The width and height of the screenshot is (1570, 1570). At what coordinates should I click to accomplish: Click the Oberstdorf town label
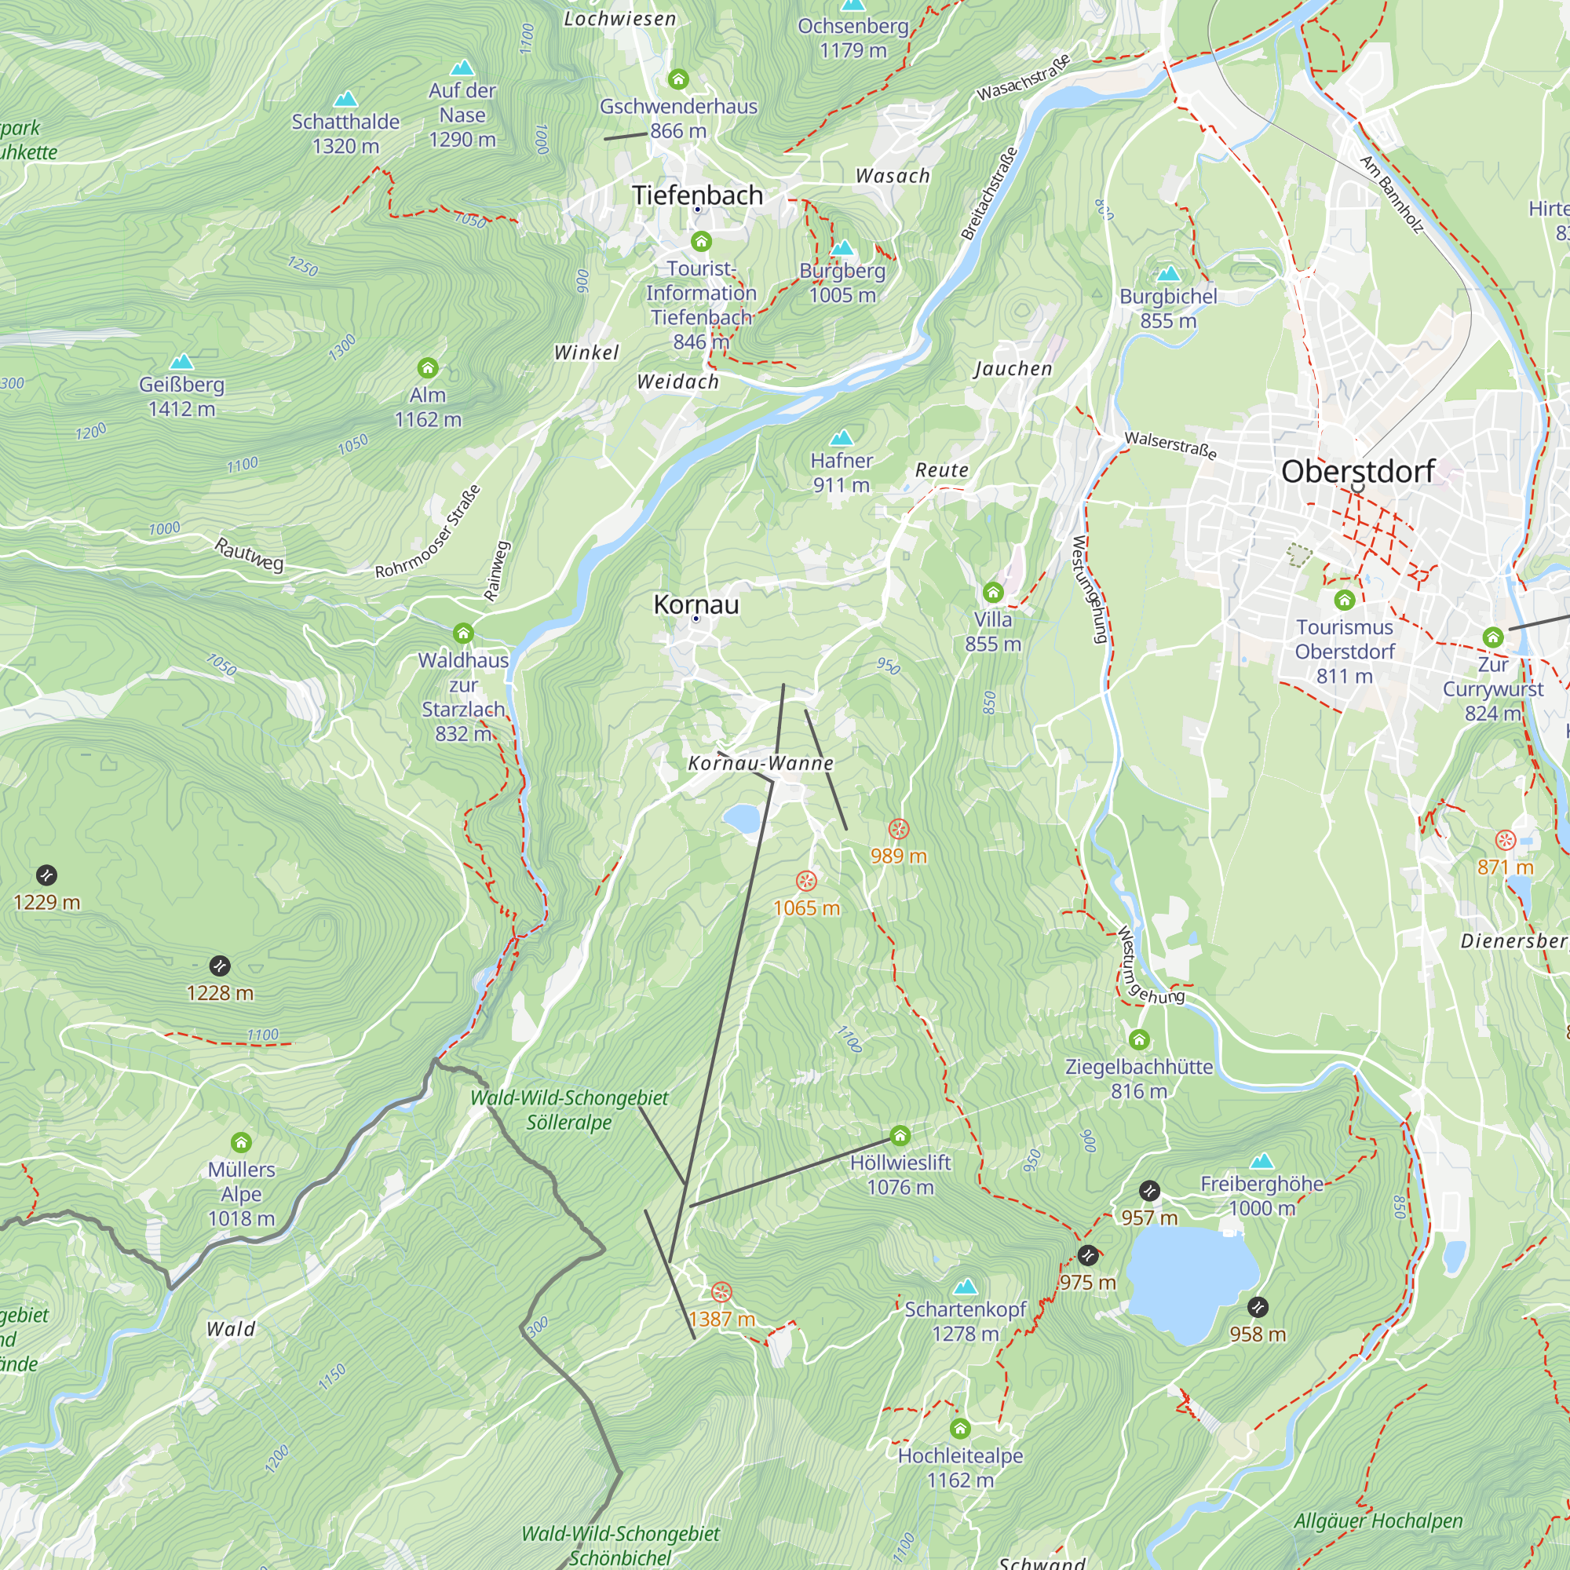[1357, 471]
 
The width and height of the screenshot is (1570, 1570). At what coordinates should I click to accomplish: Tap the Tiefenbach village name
[697, 195]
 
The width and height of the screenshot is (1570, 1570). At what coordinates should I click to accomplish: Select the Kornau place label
[696, 604]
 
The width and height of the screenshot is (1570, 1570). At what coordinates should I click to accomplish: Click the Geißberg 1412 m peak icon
[181, 361]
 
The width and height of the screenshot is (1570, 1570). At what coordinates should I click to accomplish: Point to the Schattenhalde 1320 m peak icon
[346, 99]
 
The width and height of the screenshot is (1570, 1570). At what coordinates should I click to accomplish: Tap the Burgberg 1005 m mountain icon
[842, 247]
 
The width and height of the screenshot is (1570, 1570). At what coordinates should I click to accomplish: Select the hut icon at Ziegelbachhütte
[1139, 1039]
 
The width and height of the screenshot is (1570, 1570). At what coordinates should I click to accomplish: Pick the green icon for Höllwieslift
[900, 1135]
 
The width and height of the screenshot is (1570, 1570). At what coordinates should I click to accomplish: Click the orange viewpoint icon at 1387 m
[721, 1293]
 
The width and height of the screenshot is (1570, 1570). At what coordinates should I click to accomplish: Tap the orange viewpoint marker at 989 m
[898, 829]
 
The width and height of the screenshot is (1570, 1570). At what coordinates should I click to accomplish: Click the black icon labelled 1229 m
[46, 875]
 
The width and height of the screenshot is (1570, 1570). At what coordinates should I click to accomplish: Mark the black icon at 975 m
[1087, 1255]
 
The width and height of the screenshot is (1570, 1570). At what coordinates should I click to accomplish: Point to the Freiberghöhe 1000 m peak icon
[1262, 1160]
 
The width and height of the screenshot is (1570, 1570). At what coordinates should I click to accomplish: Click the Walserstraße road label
[1170, 444]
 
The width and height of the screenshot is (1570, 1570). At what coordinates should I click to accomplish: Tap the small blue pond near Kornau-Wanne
[741, 818]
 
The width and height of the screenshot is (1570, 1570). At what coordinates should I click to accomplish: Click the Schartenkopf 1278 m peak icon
[966, 1287]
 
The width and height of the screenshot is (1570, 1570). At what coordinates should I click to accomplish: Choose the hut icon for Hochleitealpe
[961, 1429]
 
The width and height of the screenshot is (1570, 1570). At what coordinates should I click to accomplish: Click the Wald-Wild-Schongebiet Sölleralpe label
[569, 1110]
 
